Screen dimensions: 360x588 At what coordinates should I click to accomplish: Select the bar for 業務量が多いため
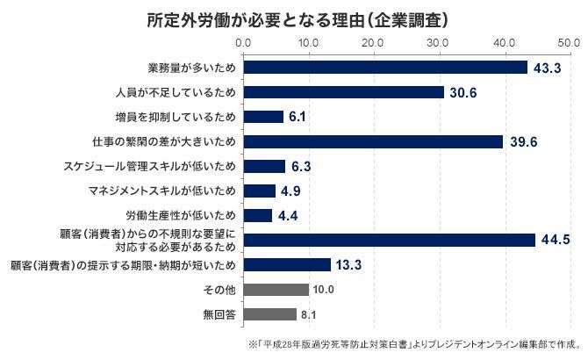385,68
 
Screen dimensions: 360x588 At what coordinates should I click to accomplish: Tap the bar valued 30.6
343,92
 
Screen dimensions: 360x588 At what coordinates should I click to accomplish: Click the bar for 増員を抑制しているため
263,117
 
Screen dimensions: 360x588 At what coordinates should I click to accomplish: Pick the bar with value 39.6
373,141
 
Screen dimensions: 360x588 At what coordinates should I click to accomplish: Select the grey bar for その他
276,289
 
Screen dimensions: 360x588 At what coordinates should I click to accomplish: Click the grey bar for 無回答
269,313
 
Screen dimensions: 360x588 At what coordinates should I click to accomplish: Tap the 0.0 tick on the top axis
243,41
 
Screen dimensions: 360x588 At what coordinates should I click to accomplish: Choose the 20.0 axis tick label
373,41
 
